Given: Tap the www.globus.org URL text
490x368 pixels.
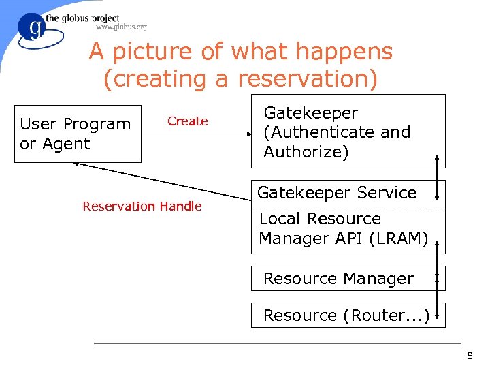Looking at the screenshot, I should (121, 27).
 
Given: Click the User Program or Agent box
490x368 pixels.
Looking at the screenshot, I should (76, 134).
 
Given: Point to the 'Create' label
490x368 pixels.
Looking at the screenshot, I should (187, 121).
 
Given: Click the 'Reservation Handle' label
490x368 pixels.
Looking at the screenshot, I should (142, 206).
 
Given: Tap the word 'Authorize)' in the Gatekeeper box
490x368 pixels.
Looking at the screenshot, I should (306, 152).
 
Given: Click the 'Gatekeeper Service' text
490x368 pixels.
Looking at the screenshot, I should (336, 193).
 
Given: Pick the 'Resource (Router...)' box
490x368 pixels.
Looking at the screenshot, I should (346, 316).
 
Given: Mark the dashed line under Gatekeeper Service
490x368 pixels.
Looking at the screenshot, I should (347, 207).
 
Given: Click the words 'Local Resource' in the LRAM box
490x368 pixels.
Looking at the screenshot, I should (320, 219).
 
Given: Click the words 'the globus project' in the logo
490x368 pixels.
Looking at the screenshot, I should (82, 18).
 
